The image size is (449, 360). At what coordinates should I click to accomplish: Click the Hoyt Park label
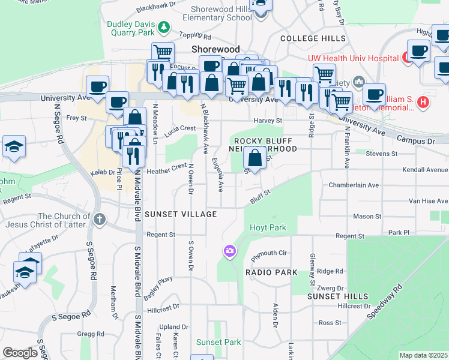point(268,227)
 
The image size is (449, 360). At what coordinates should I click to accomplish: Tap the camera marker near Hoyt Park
point(229,251)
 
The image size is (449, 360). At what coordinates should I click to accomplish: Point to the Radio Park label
point(271,272)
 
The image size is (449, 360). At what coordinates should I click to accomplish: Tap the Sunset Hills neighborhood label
point(337,296)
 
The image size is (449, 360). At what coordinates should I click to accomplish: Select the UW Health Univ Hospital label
point(354,58)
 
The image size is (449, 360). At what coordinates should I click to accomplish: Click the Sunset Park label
point(218,342)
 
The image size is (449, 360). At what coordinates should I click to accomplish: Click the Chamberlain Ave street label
point(354,185)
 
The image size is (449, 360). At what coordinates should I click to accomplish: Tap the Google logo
point(20,352)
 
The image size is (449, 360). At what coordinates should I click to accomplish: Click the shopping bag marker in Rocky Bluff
point(255,159)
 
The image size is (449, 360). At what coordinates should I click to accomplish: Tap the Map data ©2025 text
point(423,355)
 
